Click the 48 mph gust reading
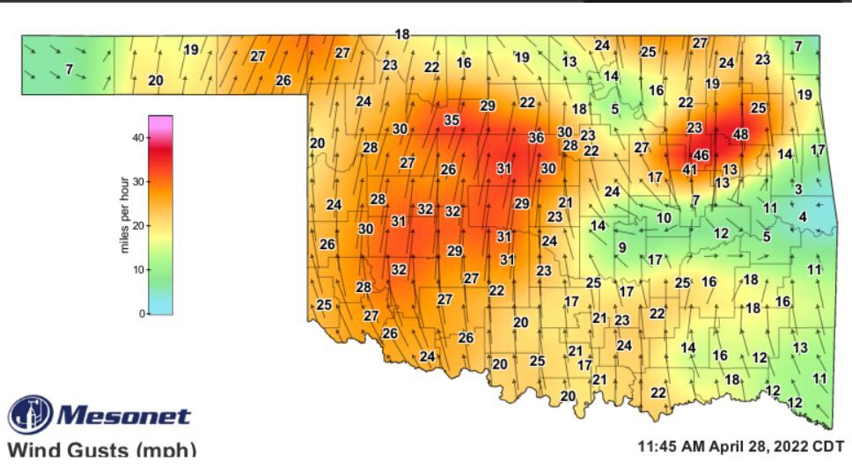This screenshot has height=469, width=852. click(x=740, y=135)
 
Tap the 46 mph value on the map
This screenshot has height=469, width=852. click(x=701, y=155)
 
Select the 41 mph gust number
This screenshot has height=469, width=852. click(x=690, y=169)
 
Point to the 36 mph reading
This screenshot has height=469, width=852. click(x=535, y=137)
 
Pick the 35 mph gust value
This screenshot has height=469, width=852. click(x=452, y=121)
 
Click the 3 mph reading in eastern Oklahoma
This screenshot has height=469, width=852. click(x=797, y=189)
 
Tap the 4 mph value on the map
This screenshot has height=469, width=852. click(x=802, y=216)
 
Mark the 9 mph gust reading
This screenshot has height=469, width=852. click(x=621, y=247)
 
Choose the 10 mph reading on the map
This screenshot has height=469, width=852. click(x=664, y=217)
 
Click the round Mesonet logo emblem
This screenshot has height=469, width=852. click(x=30, y=414)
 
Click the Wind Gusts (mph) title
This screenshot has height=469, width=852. click(x=101, y=450)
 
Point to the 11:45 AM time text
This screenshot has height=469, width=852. click(x=679, y=446)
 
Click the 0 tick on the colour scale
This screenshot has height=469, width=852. click(x=141, y=313)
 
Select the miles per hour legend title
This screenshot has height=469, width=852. click(x=124, y=215)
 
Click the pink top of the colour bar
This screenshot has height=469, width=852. click(x=160, y=123)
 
